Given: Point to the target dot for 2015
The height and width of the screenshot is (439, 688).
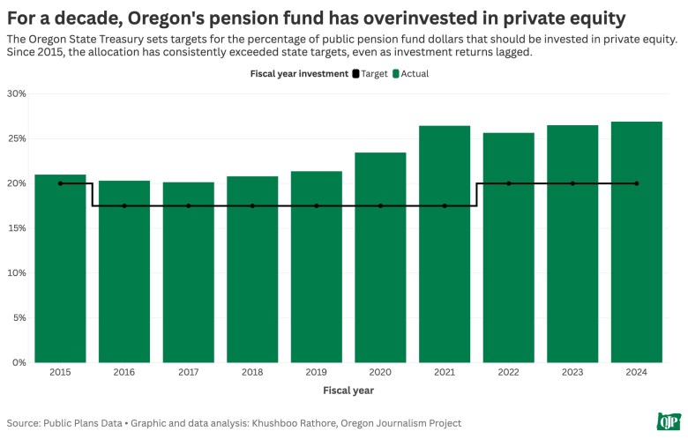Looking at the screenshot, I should [60, 183].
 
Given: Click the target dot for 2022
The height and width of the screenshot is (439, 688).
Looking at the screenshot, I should [509, 183].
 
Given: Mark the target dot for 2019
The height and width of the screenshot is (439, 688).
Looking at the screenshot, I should [317, 206].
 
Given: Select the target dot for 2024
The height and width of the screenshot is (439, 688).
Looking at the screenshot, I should [637, 183].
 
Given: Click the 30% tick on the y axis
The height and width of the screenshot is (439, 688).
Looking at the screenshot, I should [17, 93].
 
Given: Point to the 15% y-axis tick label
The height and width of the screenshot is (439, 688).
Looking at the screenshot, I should [17, 228].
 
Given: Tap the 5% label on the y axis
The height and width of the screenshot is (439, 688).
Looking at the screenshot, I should [19, 317].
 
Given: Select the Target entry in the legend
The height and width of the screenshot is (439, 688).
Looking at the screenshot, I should [370, 74].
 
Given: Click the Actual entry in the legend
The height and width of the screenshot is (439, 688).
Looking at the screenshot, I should [410, 74].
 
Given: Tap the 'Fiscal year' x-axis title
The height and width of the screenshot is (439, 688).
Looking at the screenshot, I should [348, 390].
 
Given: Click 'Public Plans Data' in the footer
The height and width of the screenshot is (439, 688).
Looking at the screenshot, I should [80, 423].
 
